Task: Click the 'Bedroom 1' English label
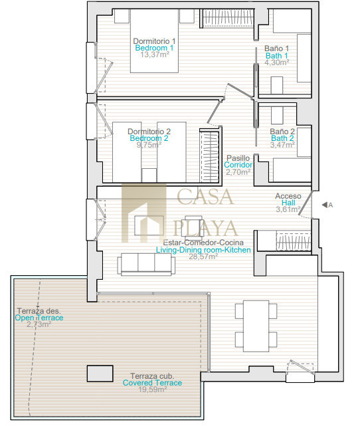tap(154, 48)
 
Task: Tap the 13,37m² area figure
tap(155, 54)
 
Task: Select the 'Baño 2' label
tap(282, 132)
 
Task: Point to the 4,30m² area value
tap(277, 62)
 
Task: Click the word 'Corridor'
tap(238, 165)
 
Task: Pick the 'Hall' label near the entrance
tap(288, 203)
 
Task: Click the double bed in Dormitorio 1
tap(154, 41)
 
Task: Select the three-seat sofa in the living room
tap(146, 265)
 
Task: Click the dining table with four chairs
tap(256, 326)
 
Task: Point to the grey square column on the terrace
tap(100, 373)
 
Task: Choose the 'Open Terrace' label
tap(39, 318)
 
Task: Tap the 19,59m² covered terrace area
tap(153, 389)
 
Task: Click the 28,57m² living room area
tap(203, 257)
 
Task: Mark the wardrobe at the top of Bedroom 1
tap(228, 19)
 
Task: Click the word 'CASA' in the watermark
tap(205, 196)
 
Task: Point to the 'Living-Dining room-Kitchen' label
tap(203, 250)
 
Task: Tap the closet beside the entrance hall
tap(294, 241)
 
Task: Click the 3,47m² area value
tap(282, 145)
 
